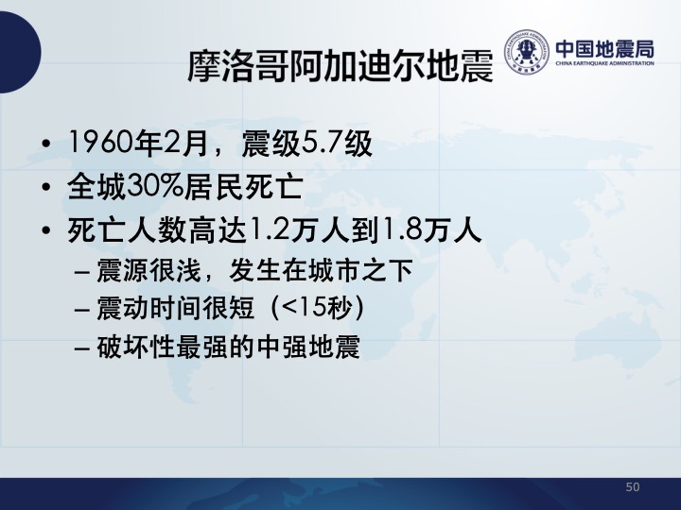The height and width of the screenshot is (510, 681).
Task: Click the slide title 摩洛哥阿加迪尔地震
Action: point(340,66)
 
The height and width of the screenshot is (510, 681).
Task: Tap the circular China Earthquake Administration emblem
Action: point(527,52)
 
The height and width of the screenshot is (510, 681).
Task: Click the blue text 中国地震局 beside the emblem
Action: point(604,49)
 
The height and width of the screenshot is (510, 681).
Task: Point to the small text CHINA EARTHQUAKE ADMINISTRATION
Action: point(604,63)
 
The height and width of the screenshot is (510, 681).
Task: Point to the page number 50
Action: point(633,487)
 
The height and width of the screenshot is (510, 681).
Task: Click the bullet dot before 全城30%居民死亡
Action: point(46,187)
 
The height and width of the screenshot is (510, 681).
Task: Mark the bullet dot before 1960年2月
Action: point(46,144)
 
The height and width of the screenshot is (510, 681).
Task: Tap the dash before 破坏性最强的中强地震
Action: point(82,348)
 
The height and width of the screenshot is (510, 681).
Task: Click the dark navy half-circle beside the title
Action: point(21,52)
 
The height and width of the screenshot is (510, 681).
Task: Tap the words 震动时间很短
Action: point(175,308)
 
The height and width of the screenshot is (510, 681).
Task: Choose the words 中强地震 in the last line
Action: point(308,347)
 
